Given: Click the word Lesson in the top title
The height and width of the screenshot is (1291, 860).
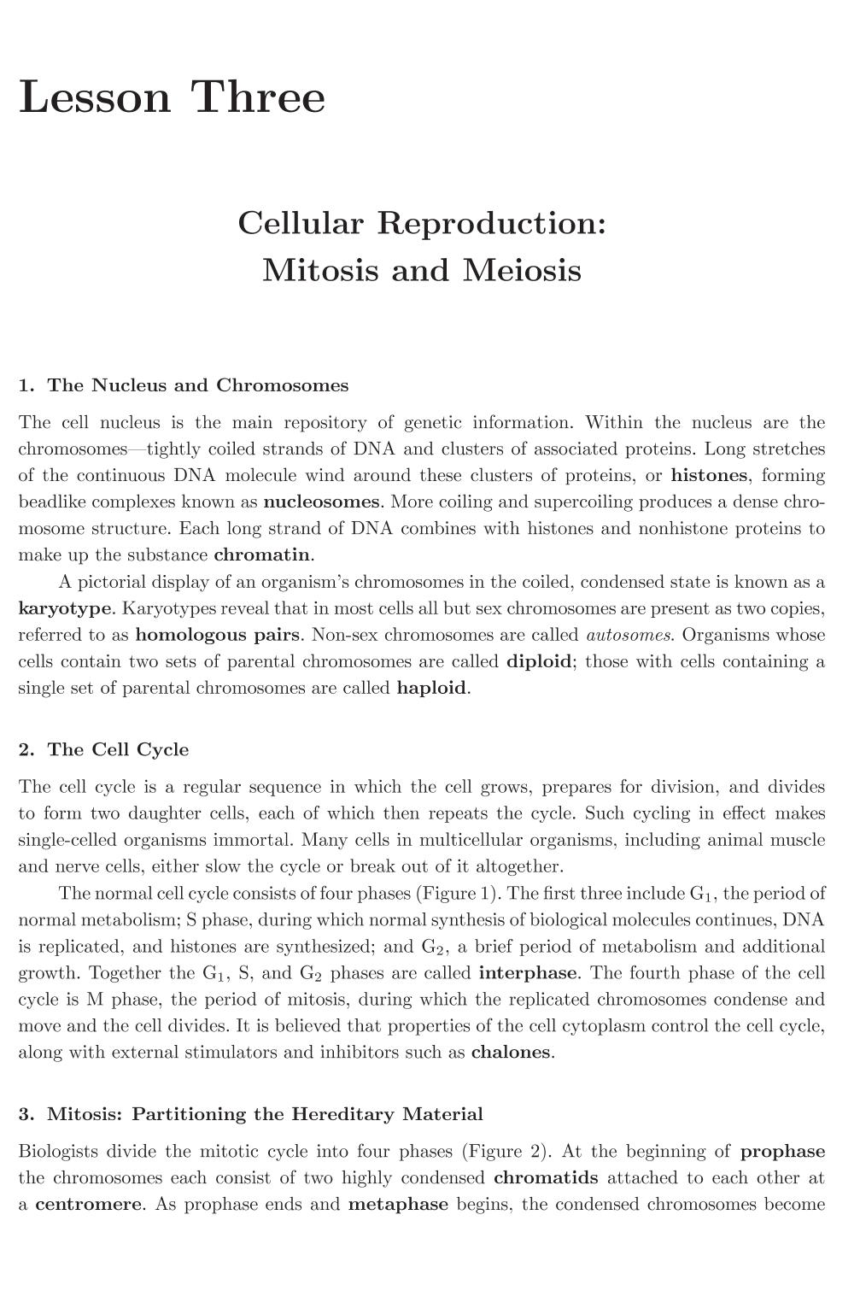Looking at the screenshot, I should click(95, 97).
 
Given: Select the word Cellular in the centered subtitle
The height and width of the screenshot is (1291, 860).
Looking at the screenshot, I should click(302, 223).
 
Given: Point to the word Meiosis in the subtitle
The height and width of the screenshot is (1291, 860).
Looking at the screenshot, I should click(523, 270).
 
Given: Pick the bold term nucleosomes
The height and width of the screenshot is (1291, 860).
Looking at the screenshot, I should click(321, 502).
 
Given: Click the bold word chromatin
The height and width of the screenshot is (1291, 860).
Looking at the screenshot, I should click(261, 555).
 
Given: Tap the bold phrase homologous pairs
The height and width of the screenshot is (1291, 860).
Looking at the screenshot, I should click(218, 635).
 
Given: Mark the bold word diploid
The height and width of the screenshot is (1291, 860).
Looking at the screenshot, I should click(538, 661).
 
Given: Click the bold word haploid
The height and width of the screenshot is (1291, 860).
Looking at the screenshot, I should click(431, 688).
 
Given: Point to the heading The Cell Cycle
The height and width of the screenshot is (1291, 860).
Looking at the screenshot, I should click(118, 750).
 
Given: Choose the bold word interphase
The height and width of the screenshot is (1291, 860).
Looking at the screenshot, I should click(528, 973).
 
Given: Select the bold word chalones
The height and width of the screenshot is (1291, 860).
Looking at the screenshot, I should click(511, 1053).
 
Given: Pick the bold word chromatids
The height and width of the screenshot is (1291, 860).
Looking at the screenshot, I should click(546, 1178).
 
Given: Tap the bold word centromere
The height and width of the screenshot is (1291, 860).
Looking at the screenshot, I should click(88, 1205).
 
